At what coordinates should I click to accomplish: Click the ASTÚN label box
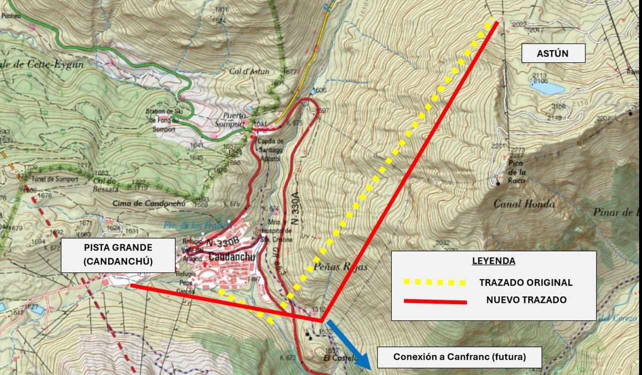tap(553, 54)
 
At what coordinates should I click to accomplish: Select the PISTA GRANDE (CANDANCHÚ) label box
tap(118, 255)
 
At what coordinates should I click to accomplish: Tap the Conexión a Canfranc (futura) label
tap(459, 357)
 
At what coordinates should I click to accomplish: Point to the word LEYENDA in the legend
tap(493, 261)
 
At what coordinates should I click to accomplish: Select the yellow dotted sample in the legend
tap(434, 282)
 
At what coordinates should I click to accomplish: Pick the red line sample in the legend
tap(434, 301)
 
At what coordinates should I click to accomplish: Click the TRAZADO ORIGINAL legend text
tap(525, 282)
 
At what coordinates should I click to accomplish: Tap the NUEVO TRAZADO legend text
tap(526, 300)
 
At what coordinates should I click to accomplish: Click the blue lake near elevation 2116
tap(547, 88)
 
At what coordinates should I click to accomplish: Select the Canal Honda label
tap(523, 204)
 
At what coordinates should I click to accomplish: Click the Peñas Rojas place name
tap(340, 267)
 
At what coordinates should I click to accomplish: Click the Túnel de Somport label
tap(54, 179)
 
